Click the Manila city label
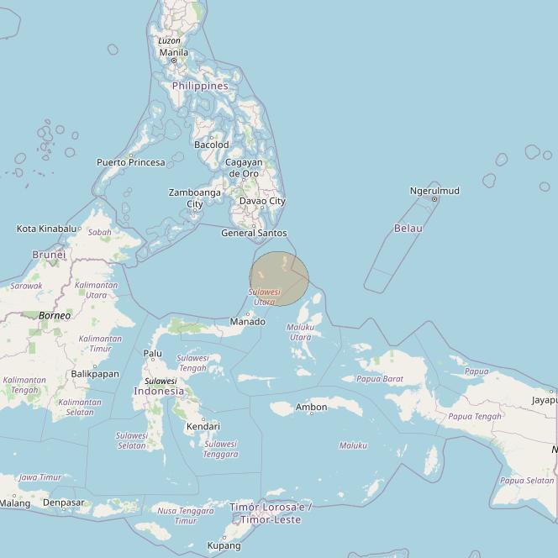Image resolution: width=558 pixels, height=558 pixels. tap(174, 52)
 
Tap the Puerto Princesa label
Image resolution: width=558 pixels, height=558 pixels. tap(130, 162)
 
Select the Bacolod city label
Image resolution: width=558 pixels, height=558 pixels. tap(211, 145)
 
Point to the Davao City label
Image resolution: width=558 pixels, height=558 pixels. tap(262, 201)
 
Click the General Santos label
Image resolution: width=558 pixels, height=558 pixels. tap(254, 233)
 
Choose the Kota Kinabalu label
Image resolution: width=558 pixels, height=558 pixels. tap(46, 228)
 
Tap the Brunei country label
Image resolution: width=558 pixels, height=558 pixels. tap(49, 254)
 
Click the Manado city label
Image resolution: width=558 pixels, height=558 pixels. tap(248, 321)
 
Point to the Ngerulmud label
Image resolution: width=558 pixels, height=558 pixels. tap(434, 191)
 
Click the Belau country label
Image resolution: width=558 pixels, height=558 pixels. tap(408, 228)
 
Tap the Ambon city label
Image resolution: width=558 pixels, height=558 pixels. tap(311, 407)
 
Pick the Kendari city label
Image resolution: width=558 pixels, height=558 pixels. tap(203, 426)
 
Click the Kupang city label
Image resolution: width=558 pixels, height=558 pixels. tap(224, 545)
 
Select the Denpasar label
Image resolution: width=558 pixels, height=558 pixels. tap(64, 503)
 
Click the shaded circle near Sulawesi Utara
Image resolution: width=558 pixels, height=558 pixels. tap(279, 278)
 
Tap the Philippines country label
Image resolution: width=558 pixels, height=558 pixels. tap(200, 86)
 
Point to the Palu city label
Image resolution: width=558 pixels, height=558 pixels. tap(152, 354)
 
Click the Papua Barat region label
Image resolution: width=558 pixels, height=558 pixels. tap(380, 379)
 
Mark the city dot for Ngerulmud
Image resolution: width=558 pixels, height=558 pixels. tap(434, 199)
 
